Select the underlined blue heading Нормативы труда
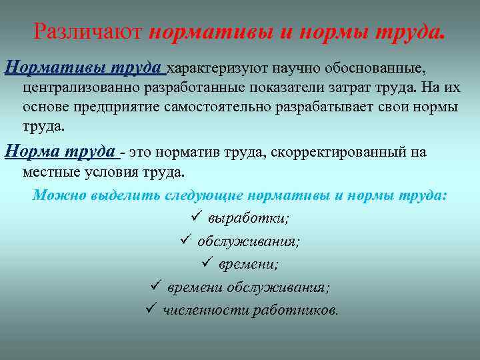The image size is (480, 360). [84, 68]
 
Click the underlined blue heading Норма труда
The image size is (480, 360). [61, 152]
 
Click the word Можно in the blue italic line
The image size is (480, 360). [52, 195]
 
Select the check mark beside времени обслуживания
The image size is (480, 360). [155, 287]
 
